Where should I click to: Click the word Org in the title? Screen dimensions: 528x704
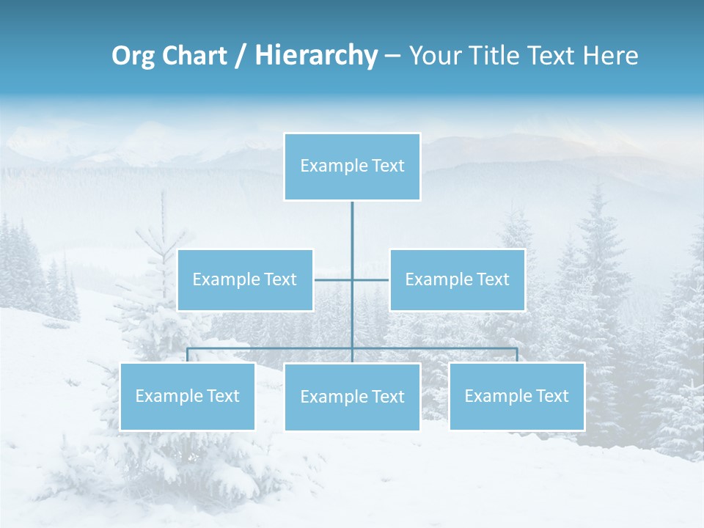(x=133, y=56)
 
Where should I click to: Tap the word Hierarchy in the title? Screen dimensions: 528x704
(x=315, y=56)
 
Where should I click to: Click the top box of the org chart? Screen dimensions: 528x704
(x=352, y=166)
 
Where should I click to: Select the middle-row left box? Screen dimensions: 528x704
(x=245, y=279)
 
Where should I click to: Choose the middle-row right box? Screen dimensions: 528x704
(x=457, y=279)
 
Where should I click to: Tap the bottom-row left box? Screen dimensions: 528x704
(x=187, y=396)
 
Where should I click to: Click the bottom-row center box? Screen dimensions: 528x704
(x=352, y=397)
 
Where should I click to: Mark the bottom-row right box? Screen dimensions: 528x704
(x=516, y=396)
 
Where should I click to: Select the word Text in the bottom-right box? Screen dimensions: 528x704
(x=552, y=396)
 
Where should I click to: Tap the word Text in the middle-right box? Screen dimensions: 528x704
(x=493, y=279)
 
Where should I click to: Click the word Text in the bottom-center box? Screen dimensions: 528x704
(x=388, y=397)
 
